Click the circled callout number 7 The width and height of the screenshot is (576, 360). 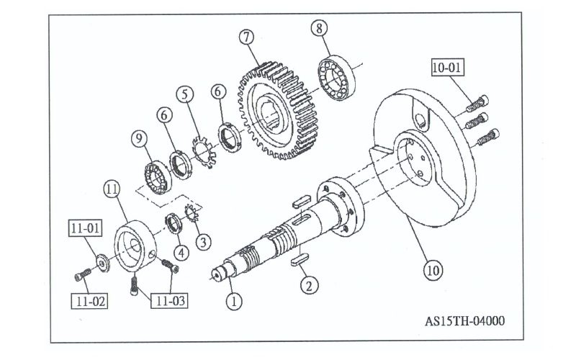tap(247, 36)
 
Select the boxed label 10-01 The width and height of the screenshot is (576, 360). tap(449, 68)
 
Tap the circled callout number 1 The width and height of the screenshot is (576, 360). tap(233, 301)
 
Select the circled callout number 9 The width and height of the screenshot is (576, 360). tap(140, 137)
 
